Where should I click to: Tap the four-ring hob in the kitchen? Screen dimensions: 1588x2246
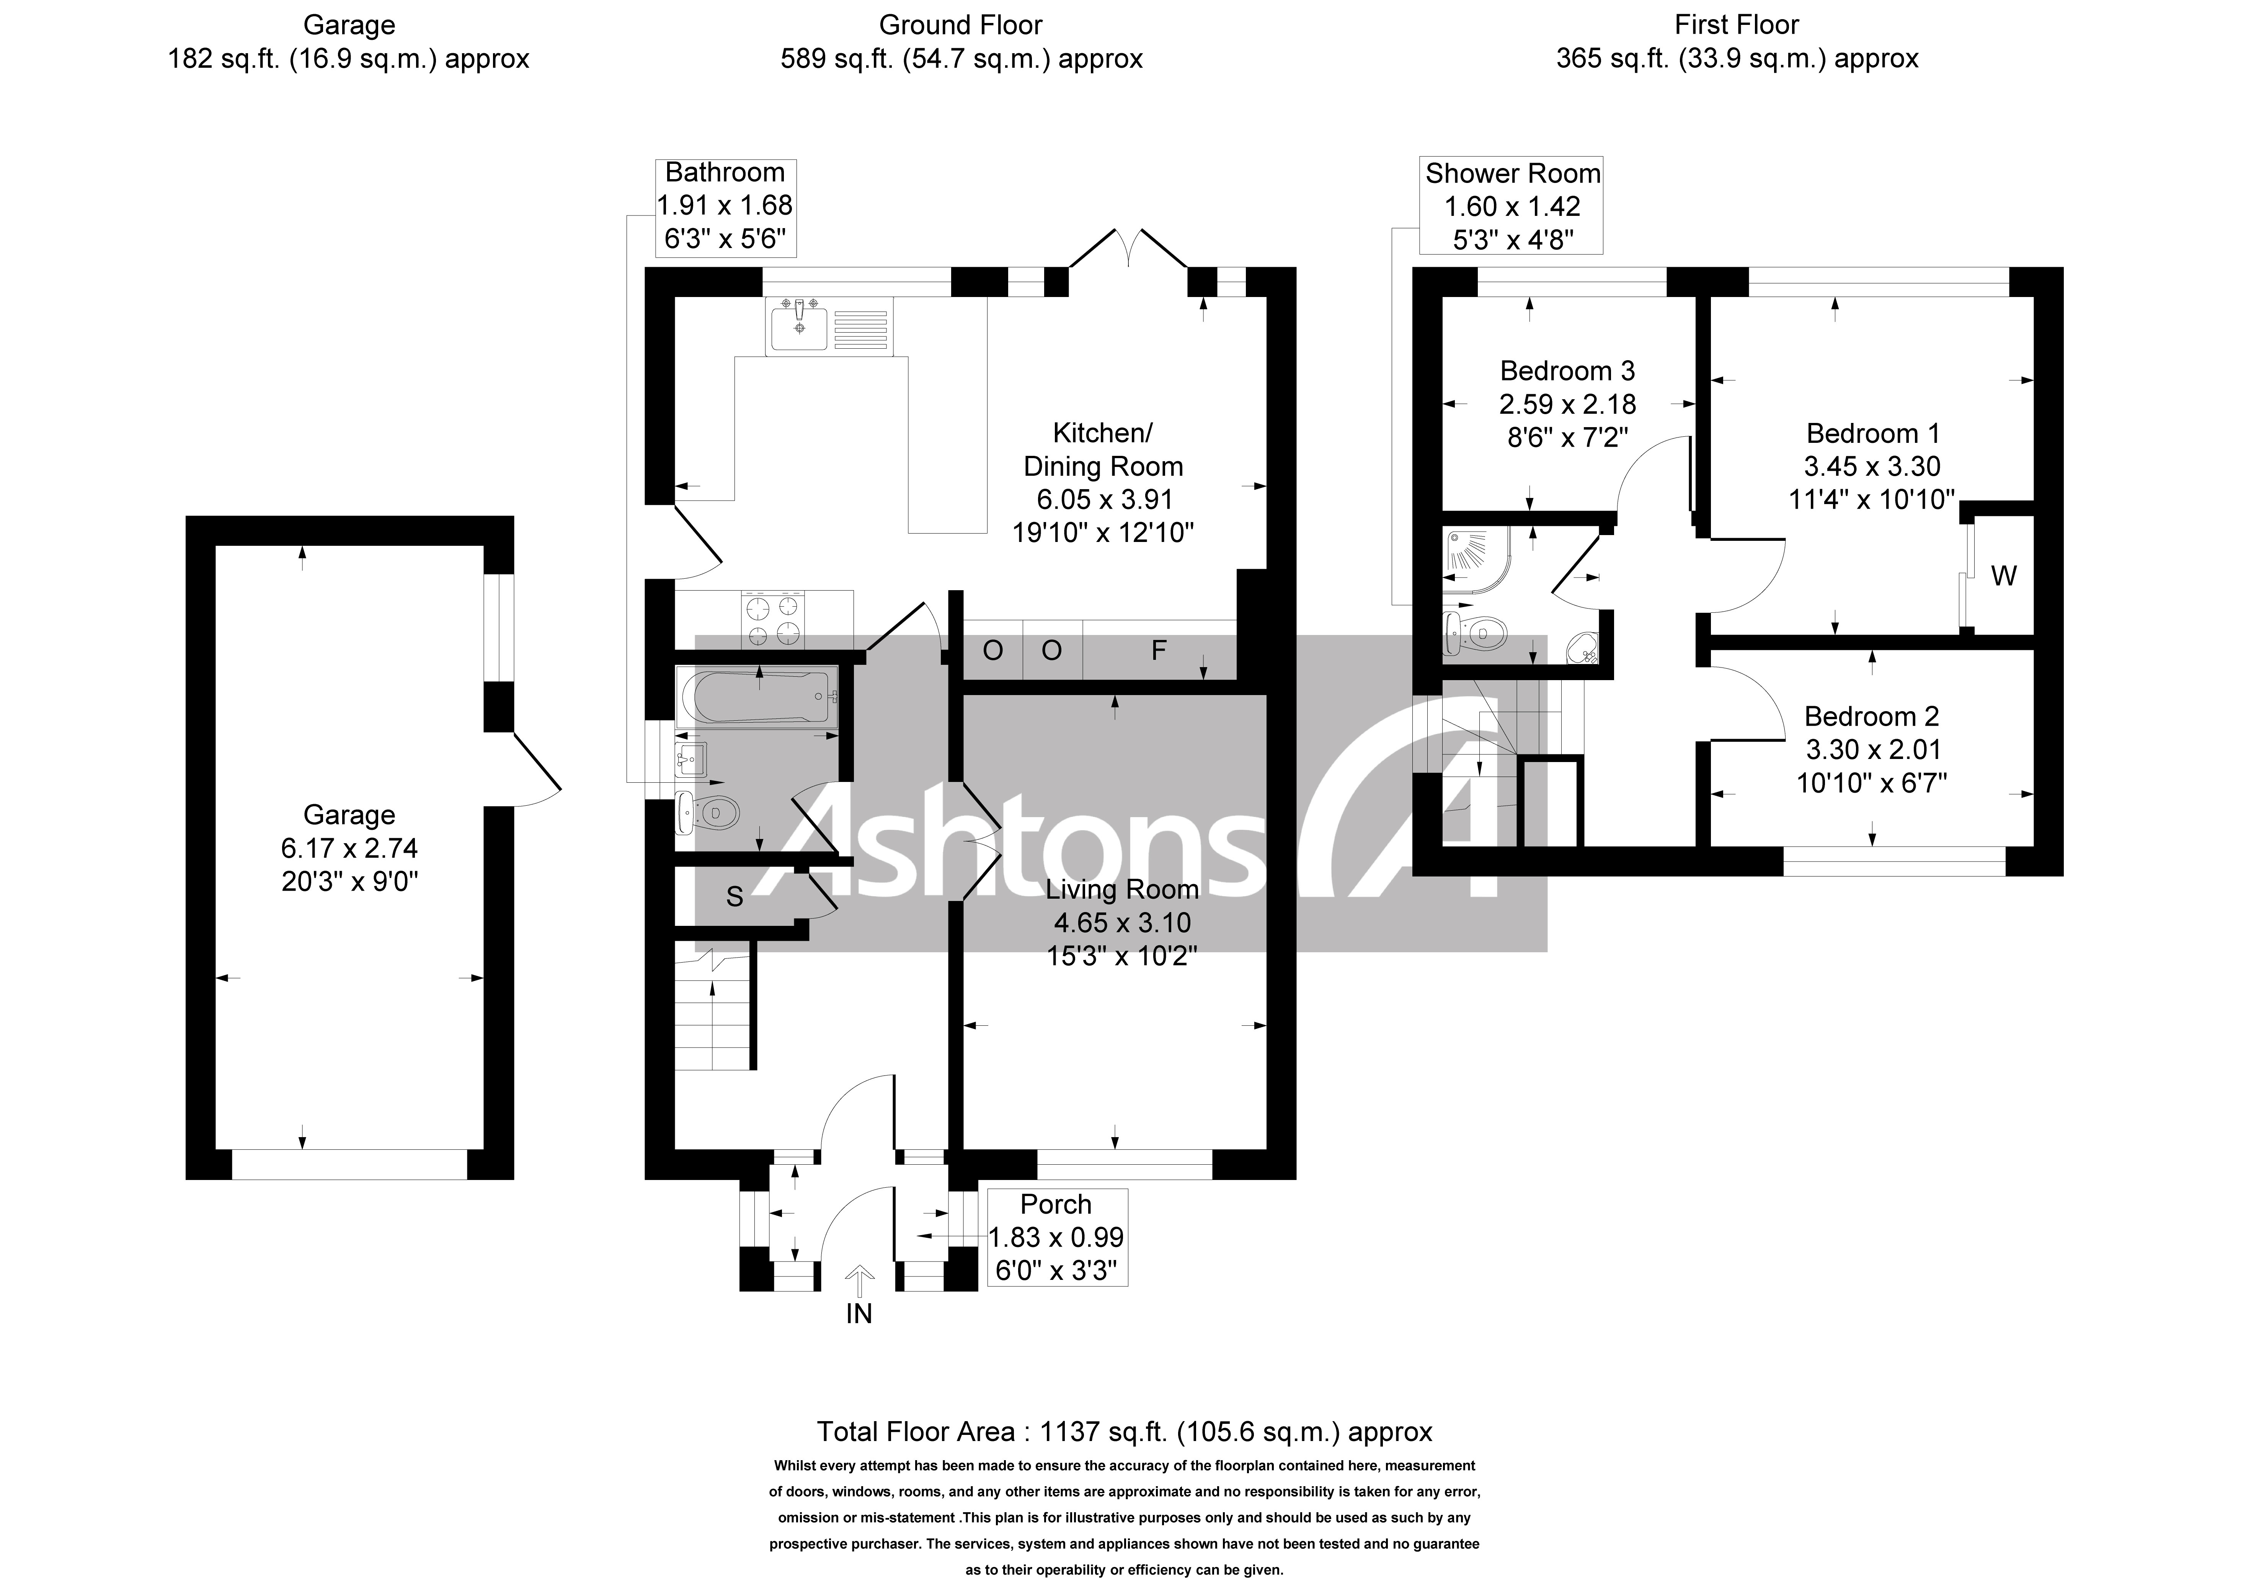tap(774, 621)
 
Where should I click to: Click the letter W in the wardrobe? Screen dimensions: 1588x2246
tap(2003, 576)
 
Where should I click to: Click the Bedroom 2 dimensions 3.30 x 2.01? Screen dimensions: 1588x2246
tap(1871, 749)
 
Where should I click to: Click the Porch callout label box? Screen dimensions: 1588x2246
tap(1056, 1237)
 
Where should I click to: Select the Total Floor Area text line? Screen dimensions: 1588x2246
tap(1124, 1431)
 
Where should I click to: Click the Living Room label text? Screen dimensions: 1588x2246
tap(1122, 889)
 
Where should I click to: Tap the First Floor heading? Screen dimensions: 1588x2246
tap(1736, 24)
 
